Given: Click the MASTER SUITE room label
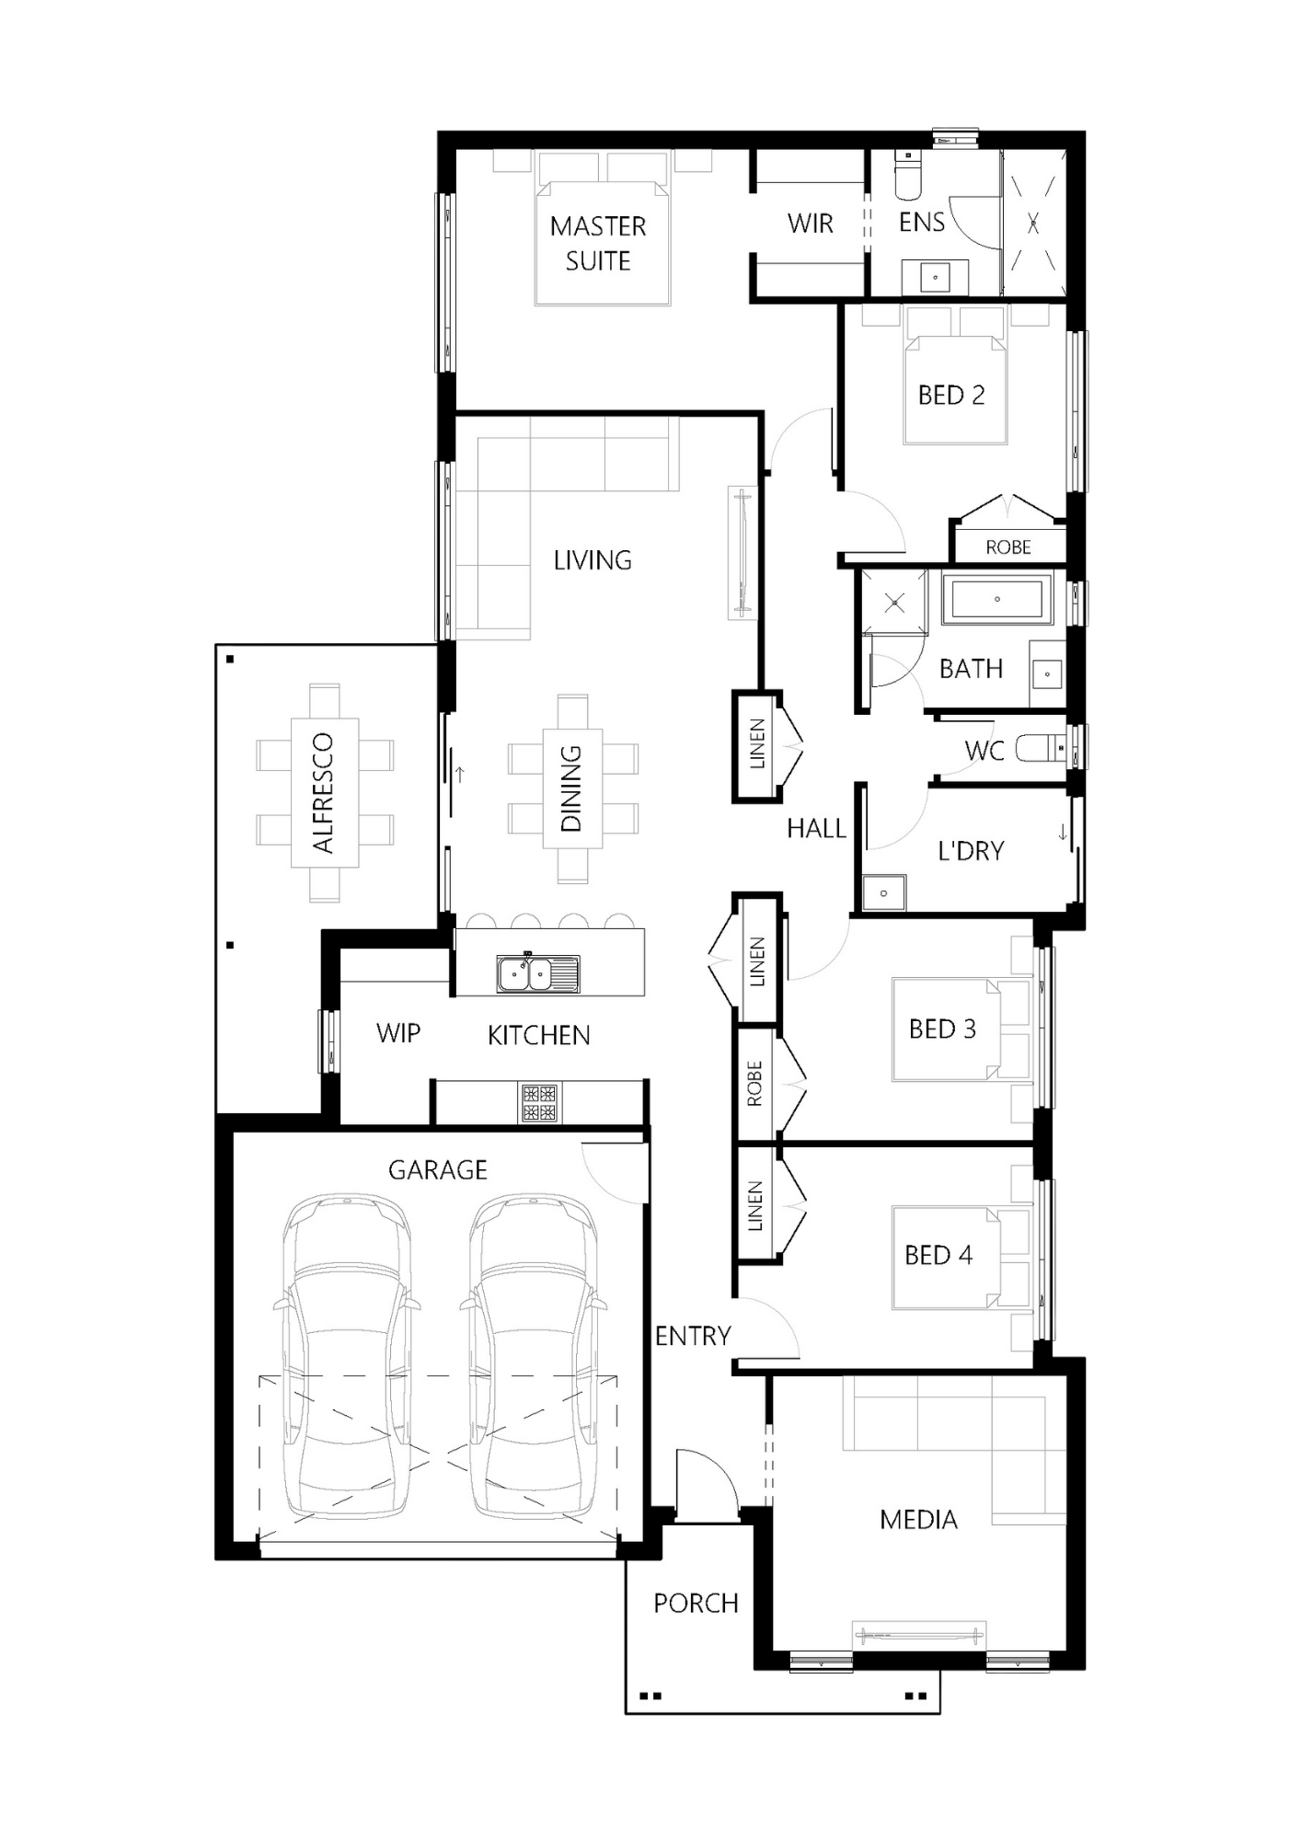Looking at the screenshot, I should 598,243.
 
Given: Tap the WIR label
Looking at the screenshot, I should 810,224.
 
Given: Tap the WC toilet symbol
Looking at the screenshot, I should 1040,749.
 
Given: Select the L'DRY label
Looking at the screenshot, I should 970,851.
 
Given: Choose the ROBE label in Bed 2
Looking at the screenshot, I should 1007,547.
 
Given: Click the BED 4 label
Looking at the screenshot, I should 938,1255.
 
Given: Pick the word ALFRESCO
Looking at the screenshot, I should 323,792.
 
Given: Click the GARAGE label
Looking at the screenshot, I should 437,1170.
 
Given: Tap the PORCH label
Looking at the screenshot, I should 696,1604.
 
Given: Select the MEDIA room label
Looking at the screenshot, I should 918,1520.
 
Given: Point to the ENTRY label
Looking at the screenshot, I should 693,1336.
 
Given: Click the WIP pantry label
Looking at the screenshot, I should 397,1033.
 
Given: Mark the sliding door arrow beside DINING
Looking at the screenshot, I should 458,773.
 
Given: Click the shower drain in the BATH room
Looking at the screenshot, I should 895,604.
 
